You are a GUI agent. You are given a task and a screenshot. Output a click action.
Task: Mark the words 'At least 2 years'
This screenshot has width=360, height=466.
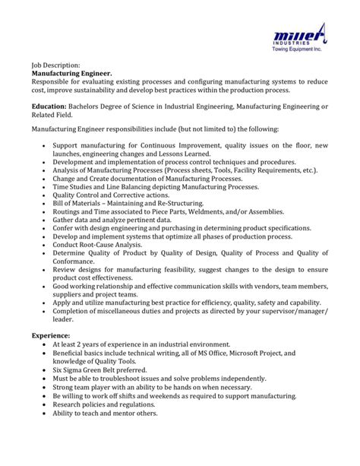tap(80, 344)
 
